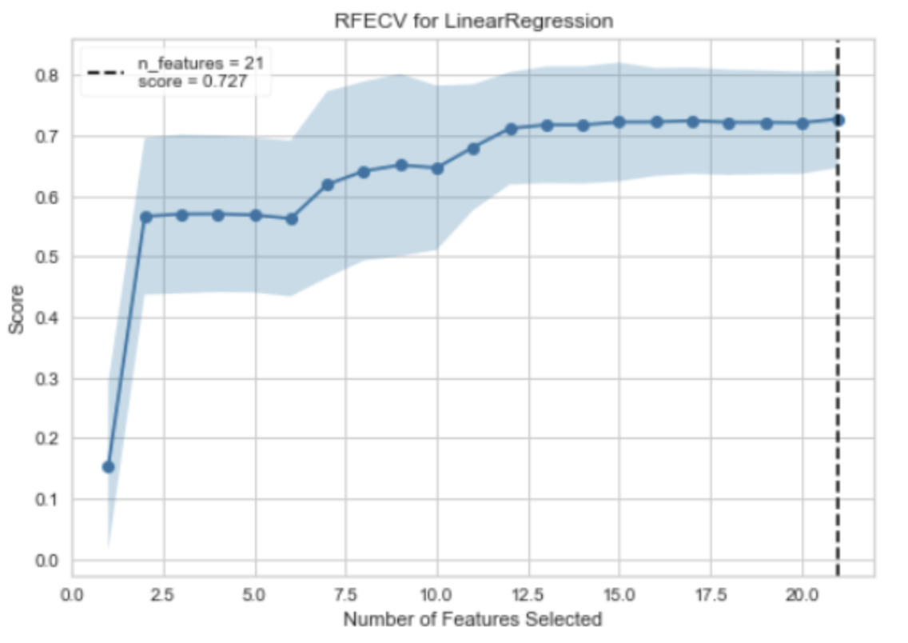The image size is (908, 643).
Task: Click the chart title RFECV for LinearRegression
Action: tap(474, 22)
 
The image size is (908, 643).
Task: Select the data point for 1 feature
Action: tap(109, 466)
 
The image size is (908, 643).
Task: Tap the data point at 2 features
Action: tap(145, 217)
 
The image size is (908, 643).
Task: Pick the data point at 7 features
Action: tap(328, 185)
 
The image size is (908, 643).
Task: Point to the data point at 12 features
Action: tap(511, 129)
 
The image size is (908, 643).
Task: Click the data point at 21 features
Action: tap(838, 120)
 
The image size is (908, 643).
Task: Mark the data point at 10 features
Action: tap(437, 168)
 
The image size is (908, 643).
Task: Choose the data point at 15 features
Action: tap(619, 122)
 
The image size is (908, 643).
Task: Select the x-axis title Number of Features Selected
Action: tap(472, 619)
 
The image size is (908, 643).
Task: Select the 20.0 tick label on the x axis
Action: tap(802, 596)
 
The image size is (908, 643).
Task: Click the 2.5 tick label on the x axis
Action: tap(164, 596)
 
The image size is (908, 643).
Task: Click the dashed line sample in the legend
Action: tap(106, 73)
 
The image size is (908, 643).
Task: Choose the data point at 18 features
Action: tap(729, 123)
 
